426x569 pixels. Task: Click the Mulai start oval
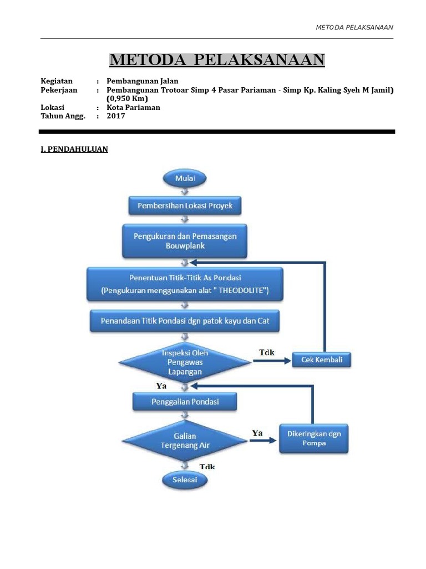(x=184, y=178)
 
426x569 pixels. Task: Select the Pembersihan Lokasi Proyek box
(x=185, y=206)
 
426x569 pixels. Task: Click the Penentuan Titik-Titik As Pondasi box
(x=185, y=284)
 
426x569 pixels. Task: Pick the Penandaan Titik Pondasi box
(x=185, y=321)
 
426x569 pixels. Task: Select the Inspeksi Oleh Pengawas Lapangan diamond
(x=185, y=362)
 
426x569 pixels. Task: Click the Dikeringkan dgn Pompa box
(x=314, y=438)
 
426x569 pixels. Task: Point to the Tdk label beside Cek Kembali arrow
(x=266, y=352)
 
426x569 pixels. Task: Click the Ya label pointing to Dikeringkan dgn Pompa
(x=257, y=432)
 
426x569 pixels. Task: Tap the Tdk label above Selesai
(x=207, y=467)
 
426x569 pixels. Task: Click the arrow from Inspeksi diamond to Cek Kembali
(x=272, y=361)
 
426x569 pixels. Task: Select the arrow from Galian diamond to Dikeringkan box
(x=262, y=441)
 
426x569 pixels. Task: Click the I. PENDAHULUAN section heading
(x=74, y=149)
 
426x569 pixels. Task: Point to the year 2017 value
(x=116, y=116)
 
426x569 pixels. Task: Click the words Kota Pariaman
(x=133, y=108)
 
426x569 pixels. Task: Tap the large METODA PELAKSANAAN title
(x=217, y=59)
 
